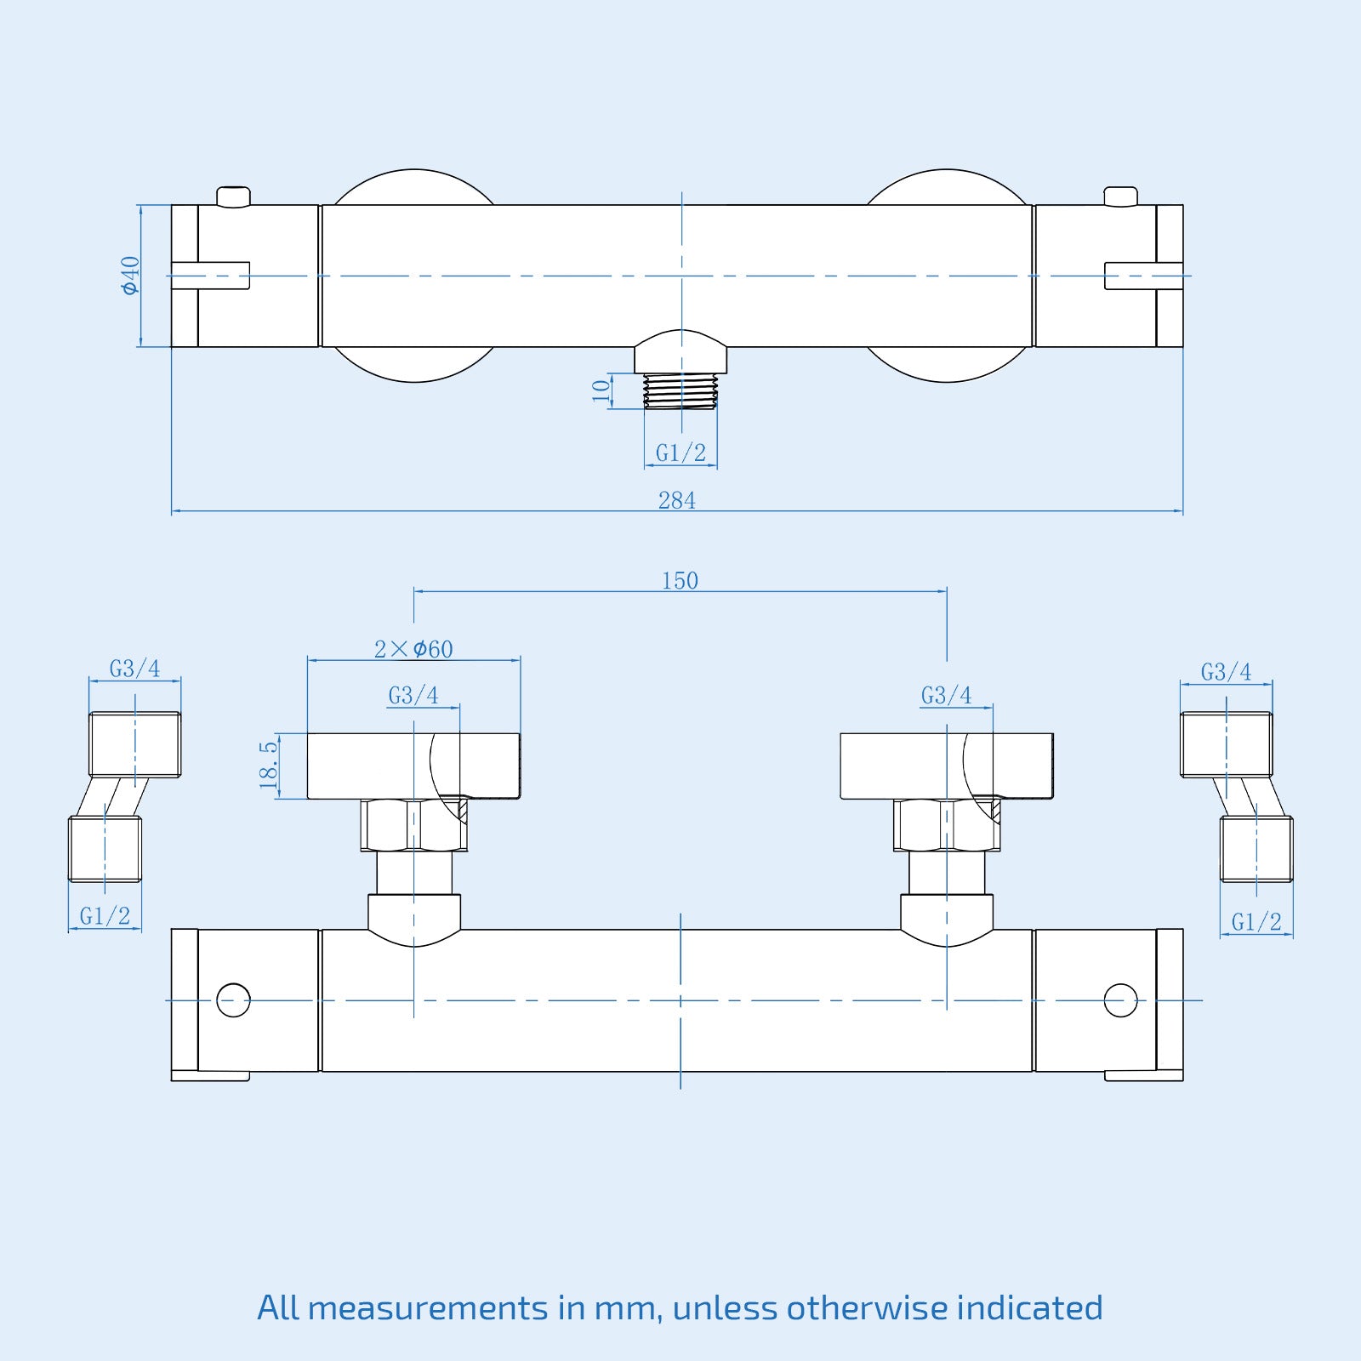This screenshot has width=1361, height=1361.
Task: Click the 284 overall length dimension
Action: click(x=677, y=500)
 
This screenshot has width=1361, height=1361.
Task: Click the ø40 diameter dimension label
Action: click(x=130, y=276)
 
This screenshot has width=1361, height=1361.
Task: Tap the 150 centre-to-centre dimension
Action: click(x=680, y=580)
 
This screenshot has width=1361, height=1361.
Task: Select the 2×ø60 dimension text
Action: click(x=413, y=649)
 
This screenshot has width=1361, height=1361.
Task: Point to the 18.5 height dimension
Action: click(x=269, y=765)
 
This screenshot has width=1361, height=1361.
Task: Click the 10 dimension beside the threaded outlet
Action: click(x=601, y=390)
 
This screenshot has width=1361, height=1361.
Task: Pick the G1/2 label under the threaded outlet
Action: click(x=680, y=453)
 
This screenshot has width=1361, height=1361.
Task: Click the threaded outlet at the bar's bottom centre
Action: click(x=680, y=391)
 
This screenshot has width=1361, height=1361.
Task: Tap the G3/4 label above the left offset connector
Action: click(x=134, y=669)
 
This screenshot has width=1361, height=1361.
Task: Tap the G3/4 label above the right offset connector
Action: click(x=1226, y=672)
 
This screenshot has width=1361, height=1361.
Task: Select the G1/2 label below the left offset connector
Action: click(x=105, y=916)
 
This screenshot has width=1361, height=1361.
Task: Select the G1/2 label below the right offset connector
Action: click(x=1256, y=921)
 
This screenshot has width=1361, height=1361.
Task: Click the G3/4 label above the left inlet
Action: click(x=413, y=696)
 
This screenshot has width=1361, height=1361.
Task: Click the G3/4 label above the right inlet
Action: click(x=946, y=696)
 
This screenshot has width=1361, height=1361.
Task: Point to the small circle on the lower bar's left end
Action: click(x=233, y=1000)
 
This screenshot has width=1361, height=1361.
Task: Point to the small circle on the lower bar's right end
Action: click(x=1120, y=1000)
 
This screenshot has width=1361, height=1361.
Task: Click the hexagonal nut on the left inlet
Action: click(x=414, y=825)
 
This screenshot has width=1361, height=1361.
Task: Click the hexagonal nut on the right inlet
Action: click(x=946, y=825)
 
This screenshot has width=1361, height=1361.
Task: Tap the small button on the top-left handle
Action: click(x=233, y=196)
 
